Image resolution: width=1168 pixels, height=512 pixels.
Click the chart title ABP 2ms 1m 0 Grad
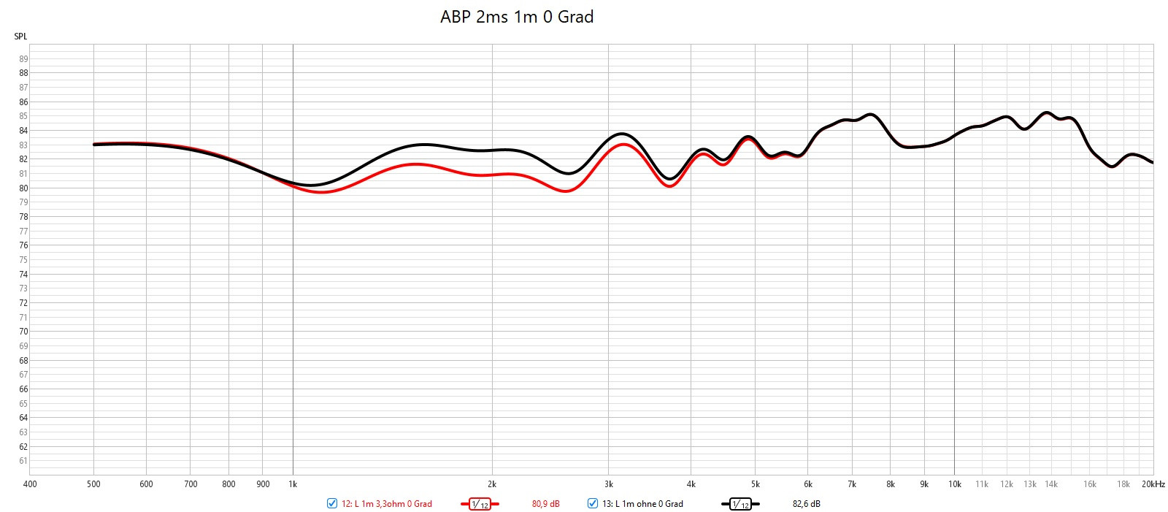pos(517,17)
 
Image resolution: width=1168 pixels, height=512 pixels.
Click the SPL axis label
pos(20,37)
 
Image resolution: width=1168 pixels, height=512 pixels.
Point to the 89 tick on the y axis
pos(23,59)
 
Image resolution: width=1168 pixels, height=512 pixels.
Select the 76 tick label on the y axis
pos(23,245)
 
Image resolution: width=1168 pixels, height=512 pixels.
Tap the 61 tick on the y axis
pos(23,461)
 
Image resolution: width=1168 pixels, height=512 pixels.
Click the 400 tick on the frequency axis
pos(30,484)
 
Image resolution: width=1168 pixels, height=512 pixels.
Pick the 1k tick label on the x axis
pos(293,484)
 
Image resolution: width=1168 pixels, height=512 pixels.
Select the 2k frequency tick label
pos(492,484)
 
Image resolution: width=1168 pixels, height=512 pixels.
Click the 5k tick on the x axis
pos(755,484)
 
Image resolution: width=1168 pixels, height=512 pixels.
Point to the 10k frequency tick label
pos(954,484)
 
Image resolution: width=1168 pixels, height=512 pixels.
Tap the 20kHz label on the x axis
pos(1153,484)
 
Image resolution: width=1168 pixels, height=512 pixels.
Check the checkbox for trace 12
pos(332,503)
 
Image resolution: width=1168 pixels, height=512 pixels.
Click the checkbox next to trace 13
pos(593,503)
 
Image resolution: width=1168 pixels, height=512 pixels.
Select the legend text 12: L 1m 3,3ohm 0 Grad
pos(387,504)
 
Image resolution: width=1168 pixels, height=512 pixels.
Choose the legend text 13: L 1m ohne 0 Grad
pos(642,504)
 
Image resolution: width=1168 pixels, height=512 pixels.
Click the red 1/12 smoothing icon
pos(480,504)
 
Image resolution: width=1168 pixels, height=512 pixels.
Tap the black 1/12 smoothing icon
pos(740,504)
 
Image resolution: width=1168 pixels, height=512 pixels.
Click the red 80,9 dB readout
pos(545,504)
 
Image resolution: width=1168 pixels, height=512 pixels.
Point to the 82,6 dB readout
pos(806,504)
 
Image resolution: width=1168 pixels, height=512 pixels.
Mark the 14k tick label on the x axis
pos(1051,484)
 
